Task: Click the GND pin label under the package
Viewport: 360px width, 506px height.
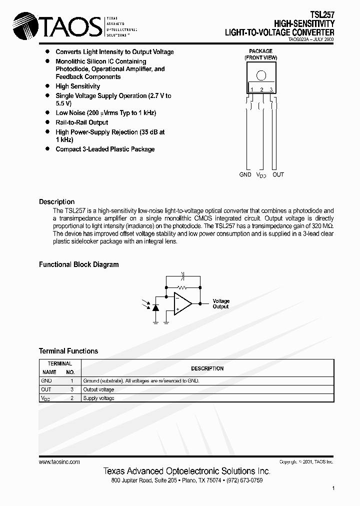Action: pos(245,174)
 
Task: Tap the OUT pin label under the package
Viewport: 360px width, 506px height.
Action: pos(278,174)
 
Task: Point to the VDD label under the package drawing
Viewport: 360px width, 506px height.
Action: pos(261,175)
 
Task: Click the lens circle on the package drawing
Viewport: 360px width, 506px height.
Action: pos(261,76)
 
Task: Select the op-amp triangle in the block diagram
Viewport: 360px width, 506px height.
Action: pos(182,303)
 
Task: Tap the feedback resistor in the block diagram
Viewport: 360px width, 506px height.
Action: pos(182,288)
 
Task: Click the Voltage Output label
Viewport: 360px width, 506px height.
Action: pos(221,303)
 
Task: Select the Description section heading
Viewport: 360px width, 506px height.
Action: pos(56,202)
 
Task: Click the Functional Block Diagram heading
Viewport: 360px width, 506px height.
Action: pos(78,264)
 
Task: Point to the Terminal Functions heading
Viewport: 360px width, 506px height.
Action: pos(68,351)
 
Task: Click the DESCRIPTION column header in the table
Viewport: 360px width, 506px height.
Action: pos(207,368)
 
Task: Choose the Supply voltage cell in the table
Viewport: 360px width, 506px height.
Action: pos(98,398)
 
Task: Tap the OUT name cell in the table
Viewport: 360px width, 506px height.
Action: pos(46,389)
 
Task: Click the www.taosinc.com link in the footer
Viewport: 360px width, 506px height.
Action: pos(59,462)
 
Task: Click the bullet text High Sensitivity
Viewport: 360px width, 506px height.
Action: pos(77,86)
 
